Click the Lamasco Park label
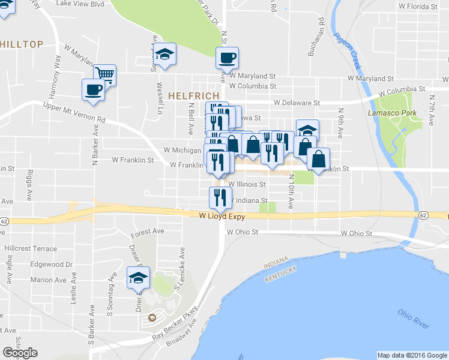coord(387,112)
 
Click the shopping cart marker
coord(104,74)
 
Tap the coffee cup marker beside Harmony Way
coord(93,89)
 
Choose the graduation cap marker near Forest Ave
coord(138,278)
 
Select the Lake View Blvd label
coord(80,3)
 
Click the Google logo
coord(20,353)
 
